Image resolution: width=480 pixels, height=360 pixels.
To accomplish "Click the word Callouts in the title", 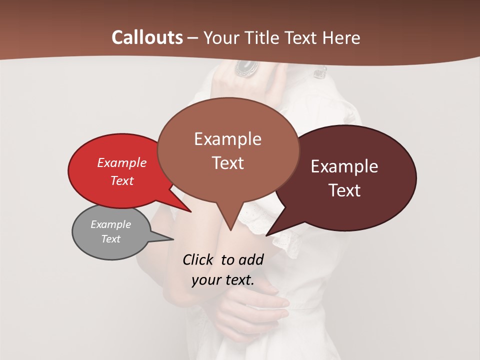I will (147, 37).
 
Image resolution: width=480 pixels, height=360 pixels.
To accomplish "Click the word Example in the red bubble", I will (122, 162).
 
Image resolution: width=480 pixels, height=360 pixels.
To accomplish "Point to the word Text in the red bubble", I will (122, 180).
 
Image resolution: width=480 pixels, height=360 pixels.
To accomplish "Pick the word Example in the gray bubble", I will (111, 224).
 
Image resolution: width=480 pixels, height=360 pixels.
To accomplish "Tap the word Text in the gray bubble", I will (111, 239).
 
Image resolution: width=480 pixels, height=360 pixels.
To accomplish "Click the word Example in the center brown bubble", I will (227, 138).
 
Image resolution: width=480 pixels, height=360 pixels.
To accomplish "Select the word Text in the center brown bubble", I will (227, 163).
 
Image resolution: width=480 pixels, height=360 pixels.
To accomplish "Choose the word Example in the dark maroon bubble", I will (344, 166).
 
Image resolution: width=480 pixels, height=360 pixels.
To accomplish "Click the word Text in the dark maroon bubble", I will (344, 190).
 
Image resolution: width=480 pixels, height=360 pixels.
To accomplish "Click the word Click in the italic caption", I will (198, 259).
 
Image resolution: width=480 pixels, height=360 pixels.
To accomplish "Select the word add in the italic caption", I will (251, 259).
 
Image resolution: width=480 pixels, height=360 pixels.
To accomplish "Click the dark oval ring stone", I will (246, 67).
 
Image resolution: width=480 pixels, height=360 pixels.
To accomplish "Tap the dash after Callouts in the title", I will (193, 37).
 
